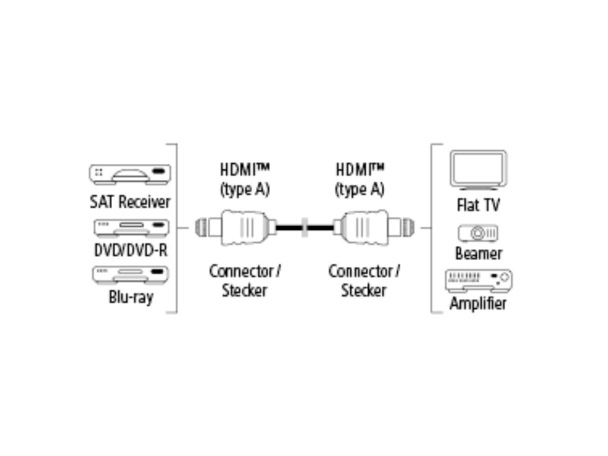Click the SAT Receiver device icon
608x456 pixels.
pos(129,174)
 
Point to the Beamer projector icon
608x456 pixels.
pos(478,233)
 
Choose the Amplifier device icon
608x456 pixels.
pos(478,280)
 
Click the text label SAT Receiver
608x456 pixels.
pos(130,202)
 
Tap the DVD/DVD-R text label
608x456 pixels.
pos(131,250)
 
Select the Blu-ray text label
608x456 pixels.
pos(131,296)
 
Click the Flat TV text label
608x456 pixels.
pos(478,205)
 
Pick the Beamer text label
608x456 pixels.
pos(479,254)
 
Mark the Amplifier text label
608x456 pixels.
pos(478,303)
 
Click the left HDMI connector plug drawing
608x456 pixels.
pos(237,227)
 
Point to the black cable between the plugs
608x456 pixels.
pos(289,227)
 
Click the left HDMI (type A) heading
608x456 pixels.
pos(245,179)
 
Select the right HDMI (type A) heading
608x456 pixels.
pos(360,179)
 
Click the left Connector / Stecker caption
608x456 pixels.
pos(245,281)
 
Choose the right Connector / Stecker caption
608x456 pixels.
pos(363,281)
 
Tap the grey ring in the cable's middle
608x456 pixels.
pos(305,227)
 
